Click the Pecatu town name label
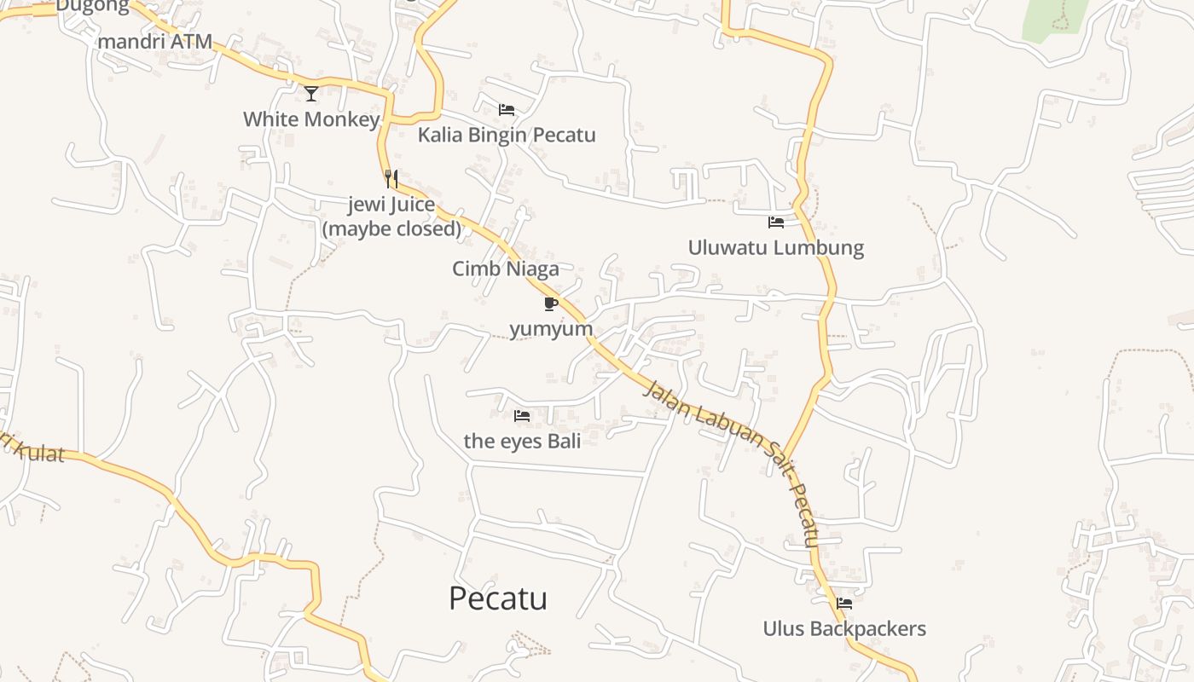click(498, 598)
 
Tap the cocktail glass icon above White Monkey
click(311, 93)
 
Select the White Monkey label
click(311, 119)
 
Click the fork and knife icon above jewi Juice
click(391, 179)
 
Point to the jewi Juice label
click(391, 205)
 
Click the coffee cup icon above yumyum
click(550, 303)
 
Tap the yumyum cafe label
click(550, 329)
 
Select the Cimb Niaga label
click(506, 269)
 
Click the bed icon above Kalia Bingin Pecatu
click(507, 110)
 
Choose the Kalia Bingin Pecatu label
click(507, 136)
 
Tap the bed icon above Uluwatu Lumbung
click(776, 223)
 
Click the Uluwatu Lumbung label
click(776, 248)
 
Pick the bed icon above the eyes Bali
click(522, 416)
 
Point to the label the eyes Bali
click(522, 441)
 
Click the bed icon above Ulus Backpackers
click(844, 604)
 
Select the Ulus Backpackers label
click(844, 629)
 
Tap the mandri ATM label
click(154, 42)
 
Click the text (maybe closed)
click(391, 228)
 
